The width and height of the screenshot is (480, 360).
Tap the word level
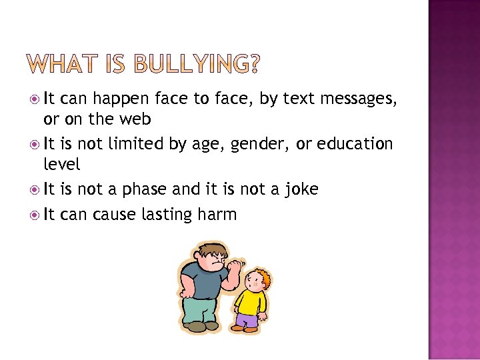point(61,164)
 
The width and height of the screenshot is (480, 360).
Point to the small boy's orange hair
point(261,275)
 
